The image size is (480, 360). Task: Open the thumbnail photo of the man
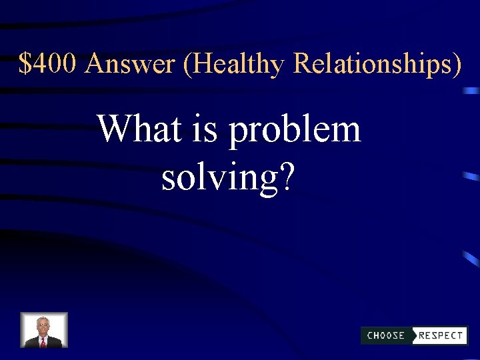click(44, 330)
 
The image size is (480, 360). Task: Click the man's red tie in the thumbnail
click(43, 342)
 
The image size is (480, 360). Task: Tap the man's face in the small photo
click(43, 326)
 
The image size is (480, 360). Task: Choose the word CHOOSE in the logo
click(386, 335)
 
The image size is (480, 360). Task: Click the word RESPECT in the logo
click(441, 335)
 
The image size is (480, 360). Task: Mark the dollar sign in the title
click(25, 64)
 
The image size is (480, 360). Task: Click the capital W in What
click(113, 128)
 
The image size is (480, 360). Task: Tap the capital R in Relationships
click(303, 64)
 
